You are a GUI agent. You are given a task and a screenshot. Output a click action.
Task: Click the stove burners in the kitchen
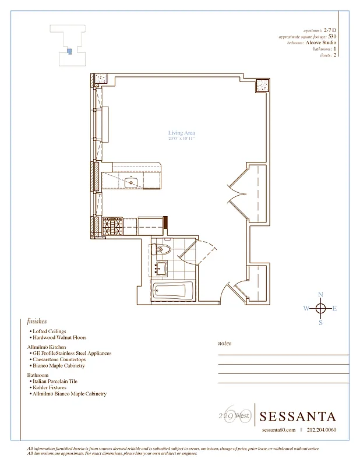click(x=112, y=225)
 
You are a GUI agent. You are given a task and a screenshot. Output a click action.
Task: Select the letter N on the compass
click(x=320, y=295)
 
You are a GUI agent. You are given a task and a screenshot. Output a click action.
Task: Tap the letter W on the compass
click(x=306, y=309)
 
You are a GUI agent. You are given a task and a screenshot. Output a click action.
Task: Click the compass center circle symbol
click(x=320, y=309)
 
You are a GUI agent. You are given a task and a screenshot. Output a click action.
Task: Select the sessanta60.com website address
click(x=278, y=430)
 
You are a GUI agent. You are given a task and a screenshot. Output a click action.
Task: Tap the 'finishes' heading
click(x=37, y=321)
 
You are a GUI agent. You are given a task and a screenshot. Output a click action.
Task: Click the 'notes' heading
click(x=224, y=344)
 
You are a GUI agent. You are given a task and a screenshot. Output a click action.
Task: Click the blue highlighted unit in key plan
click(x=69, y=51)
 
